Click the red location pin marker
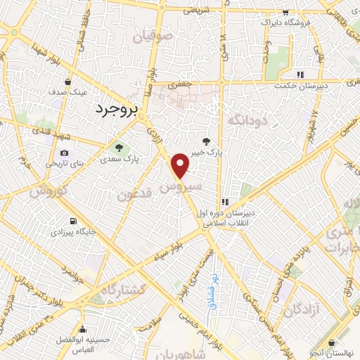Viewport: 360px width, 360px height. [181, 165]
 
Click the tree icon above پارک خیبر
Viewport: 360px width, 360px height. [206, 141]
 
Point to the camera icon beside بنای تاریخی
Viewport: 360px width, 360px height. [65, 153]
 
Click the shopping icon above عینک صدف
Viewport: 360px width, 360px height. [67, 81]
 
